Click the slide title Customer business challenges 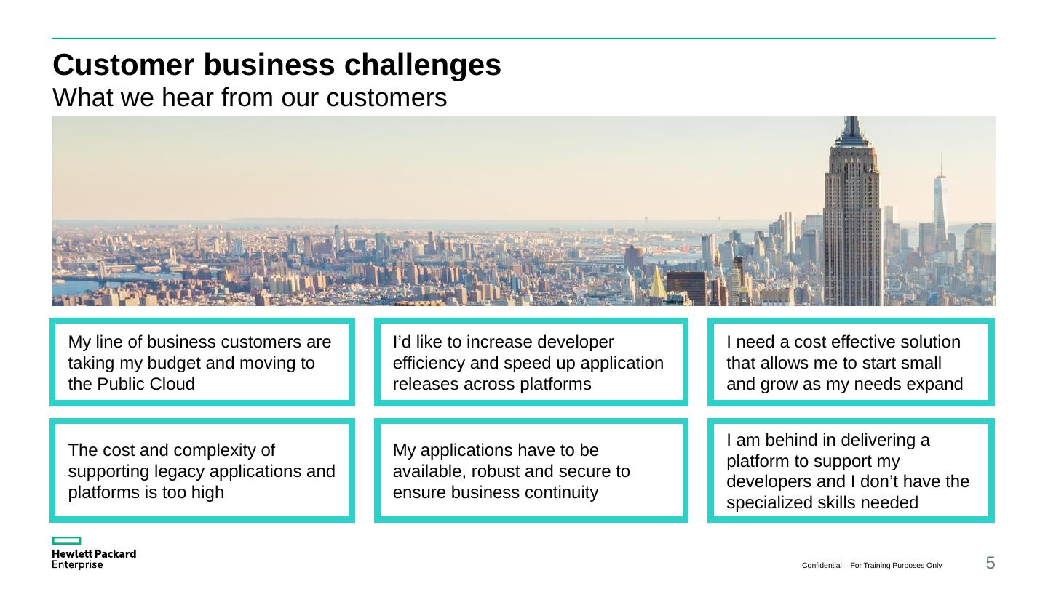[x=277, y=65]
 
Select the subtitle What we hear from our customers [x=250, y=97]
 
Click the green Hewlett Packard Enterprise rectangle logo [x=66, y=541]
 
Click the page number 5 [x=990, y=562]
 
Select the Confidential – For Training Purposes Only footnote [x=872, y=565]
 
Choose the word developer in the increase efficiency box [x=578, y=342]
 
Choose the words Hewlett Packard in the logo [x=94, y=554]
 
